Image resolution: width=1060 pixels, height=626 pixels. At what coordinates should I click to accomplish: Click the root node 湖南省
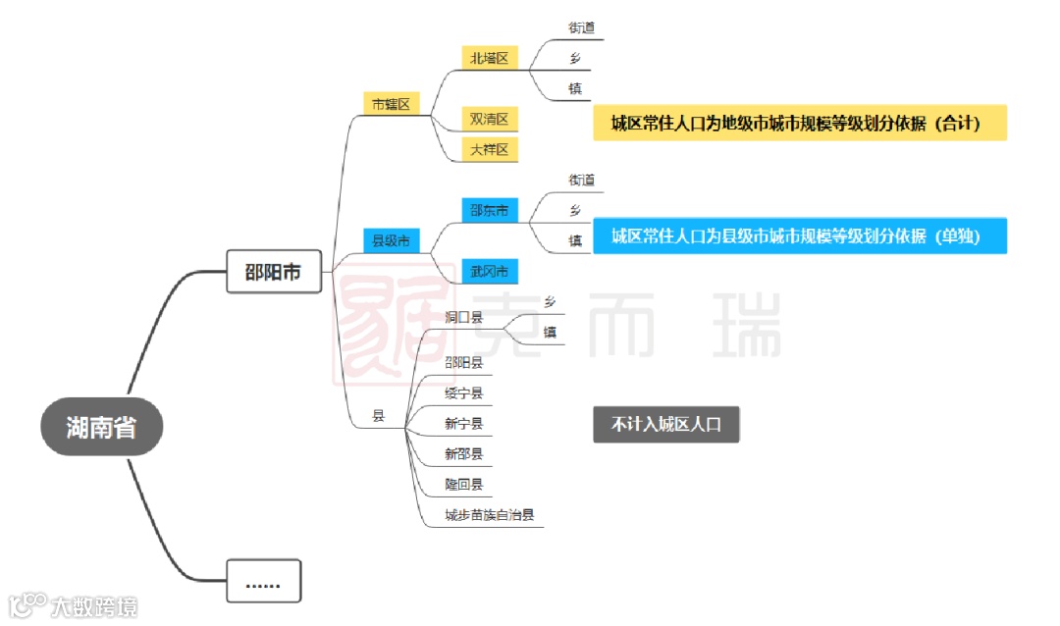pos(101,428)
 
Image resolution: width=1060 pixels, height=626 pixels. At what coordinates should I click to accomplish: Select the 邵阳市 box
pos(273,272)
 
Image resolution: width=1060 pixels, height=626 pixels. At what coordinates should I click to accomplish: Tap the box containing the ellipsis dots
pos(263,581)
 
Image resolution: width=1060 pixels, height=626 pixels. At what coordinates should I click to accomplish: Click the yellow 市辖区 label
pos(391,103)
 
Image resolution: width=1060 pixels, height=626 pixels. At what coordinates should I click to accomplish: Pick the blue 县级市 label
pos(391,239)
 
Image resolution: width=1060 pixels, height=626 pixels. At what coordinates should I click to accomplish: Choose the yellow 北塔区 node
pos(489,58)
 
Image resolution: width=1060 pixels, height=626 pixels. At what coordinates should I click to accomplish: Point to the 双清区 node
pos(489,120)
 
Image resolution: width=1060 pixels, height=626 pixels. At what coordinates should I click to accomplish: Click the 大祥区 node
pos(489,149)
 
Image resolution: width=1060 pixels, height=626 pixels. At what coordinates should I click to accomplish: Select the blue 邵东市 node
pos(489,210)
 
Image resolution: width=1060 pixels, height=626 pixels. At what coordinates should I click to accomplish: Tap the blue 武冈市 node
pos(489,271)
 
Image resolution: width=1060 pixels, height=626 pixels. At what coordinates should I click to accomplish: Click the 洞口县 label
pos(463,318)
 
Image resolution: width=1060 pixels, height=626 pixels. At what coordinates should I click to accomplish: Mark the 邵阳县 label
pos(463,362)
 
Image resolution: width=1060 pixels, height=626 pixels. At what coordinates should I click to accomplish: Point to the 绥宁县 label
pos(463,393)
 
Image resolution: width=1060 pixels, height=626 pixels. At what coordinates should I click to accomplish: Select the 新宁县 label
pos(463,424)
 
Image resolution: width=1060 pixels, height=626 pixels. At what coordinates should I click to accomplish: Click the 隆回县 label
pos(463,485)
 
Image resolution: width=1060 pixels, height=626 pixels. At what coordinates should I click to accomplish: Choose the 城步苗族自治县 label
pos(489,515)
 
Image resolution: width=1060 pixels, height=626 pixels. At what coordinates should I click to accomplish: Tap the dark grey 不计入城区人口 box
pos(665,425)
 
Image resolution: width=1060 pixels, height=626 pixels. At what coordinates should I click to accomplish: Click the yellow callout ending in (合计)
pos(799,123)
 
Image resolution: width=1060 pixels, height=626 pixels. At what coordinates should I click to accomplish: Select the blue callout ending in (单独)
pos(799,235)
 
